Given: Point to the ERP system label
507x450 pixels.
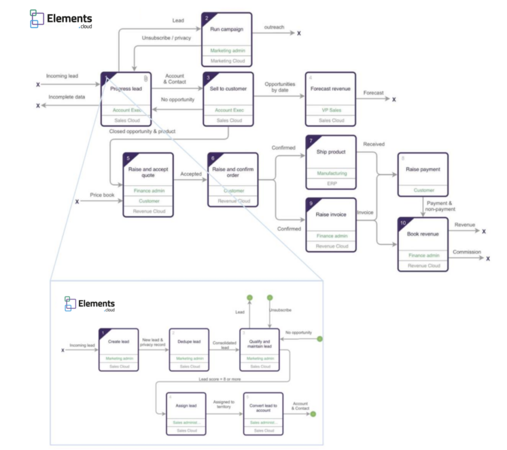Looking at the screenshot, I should pyautogui.click(x=331, y=183).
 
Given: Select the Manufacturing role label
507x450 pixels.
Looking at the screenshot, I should pyautogui.click(x=331, y=173).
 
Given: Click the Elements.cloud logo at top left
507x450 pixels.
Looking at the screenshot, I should pyautogui.click(x=61, y=19).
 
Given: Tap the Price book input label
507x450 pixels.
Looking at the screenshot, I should pyautogui.click(x=102, y=194).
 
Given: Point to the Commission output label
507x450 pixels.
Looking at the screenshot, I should pyautogui.click(x=466, y=252).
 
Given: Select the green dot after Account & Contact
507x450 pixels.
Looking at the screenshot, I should pyautogui.click(x=313, y=413).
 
